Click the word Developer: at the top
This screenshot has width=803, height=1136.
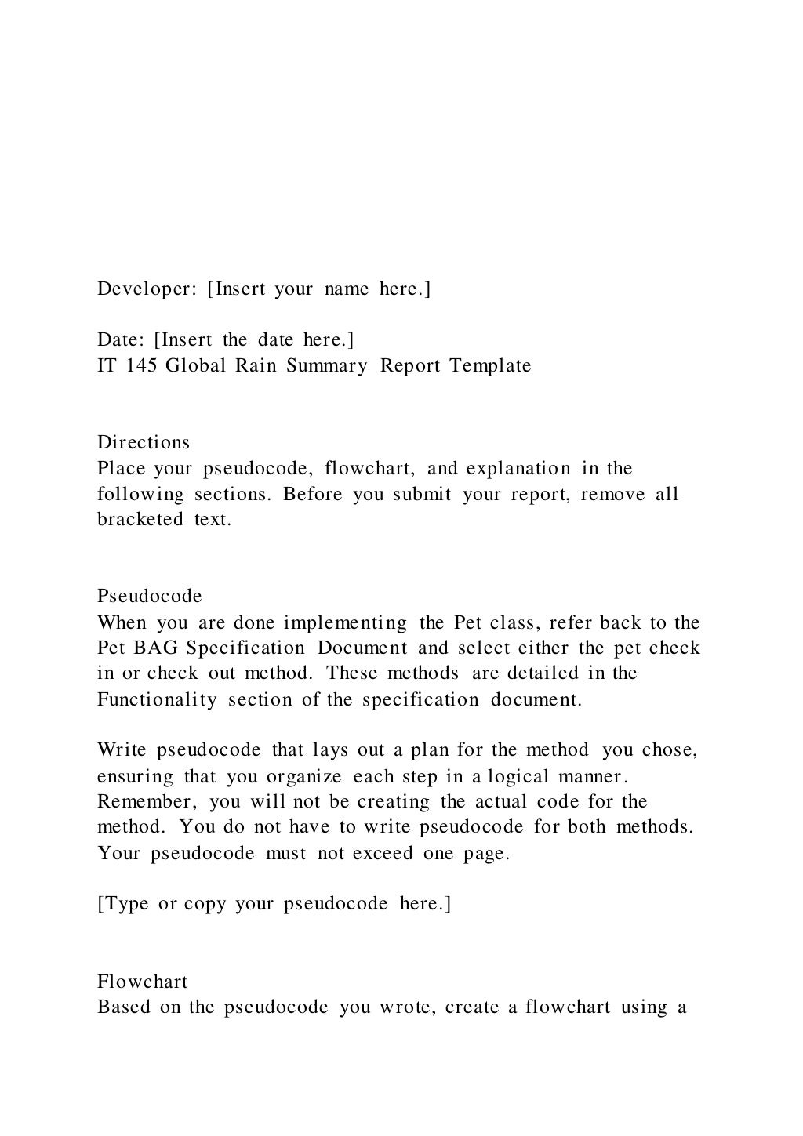[x=147, y=289]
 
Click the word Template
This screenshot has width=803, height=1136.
[x=490, y=366]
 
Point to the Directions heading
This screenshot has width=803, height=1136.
[x=144, y=442]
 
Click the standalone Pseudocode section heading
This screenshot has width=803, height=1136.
[x=150, y=597]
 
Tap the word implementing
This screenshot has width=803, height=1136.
[x=345, y=623]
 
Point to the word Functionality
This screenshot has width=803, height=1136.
[x=157, y=700]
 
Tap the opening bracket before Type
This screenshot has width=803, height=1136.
[x=100, y=904]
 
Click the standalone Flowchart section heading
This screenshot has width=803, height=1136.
[x=143, y=982]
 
